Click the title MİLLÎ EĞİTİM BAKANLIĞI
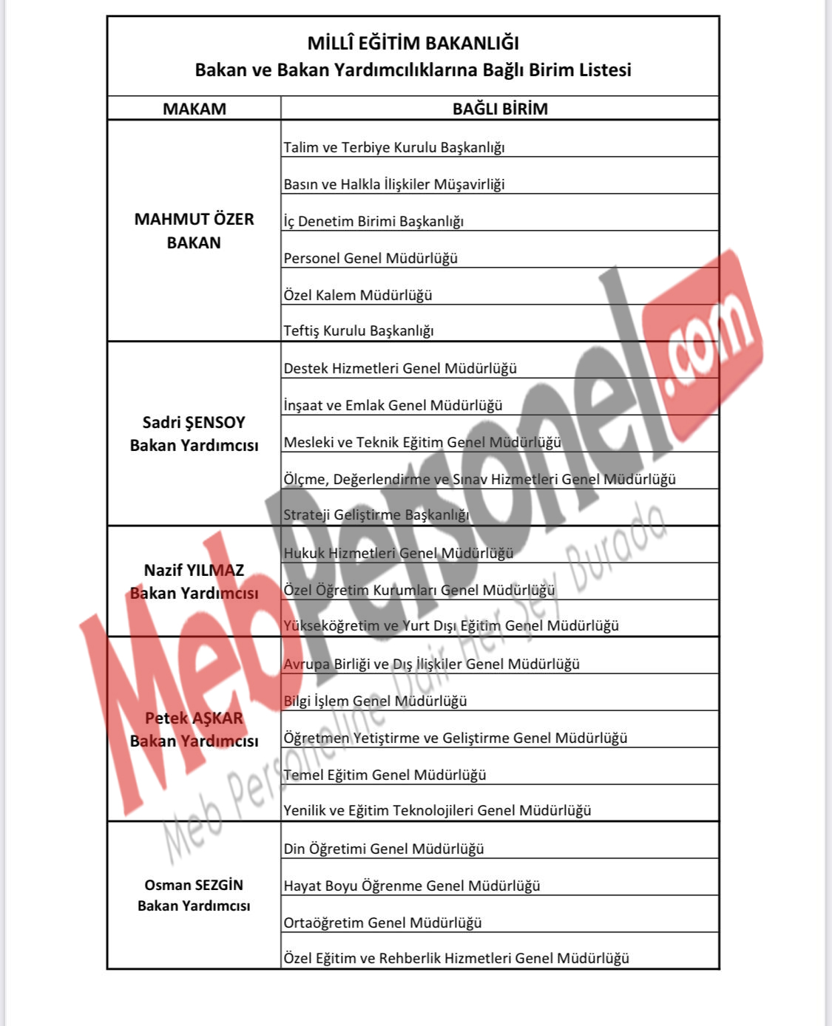[x=413, y=43]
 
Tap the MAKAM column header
[x=194, y=109]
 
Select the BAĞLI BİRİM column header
[x=500, y=109]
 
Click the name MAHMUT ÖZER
[x=194, y=219]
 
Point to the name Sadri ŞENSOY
[x=194, y=422]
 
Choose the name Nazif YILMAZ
[x=194, y=570]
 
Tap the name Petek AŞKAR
[x=194, y=718]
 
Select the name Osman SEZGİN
[x=194, y=885]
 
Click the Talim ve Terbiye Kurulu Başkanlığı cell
[x=394, y=147]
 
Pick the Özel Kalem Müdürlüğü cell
[x=358, y=295]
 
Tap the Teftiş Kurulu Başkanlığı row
[x=359, y=330]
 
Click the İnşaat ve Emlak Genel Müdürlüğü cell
[x=393, y=405]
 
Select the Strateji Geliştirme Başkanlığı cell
[x=376, y=514]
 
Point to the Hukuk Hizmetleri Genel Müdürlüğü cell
[x=399, y=553]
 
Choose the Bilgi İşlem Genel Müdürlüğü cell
[x=375, y=701]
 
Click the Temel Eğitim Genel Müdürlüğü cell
[x=385, y=775]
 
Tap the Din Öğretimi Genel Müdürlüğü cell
[x=384, y=849]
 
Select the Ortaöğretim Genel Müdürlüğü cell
[x=382, y=923]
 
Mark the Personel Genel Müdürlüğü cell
[x=371, y=258]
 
